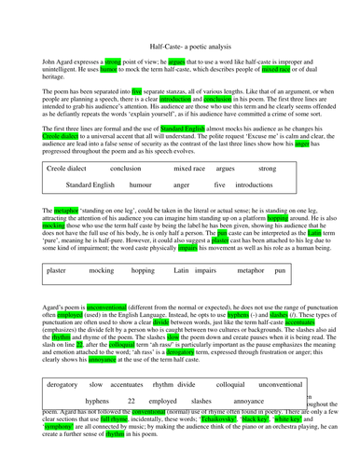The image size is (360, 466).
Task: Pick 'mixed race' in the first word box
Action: tap(189, 169)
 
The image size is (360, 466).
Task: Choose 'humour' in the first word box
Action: tap(141, 185)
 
